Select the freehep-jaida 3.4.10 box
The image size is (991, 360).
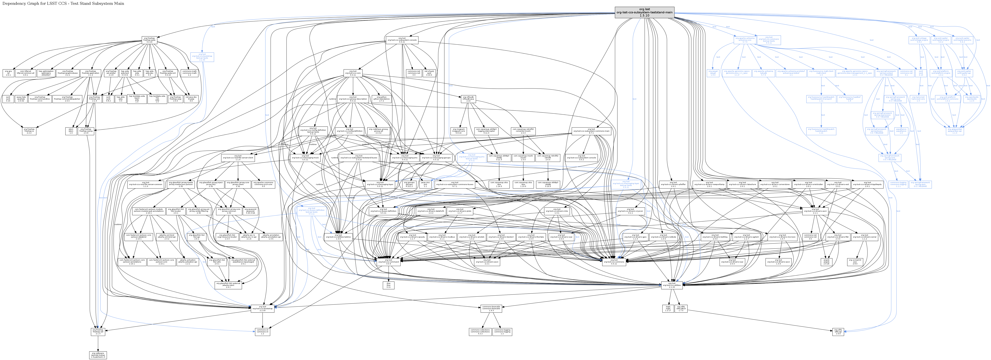[149, 40]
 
